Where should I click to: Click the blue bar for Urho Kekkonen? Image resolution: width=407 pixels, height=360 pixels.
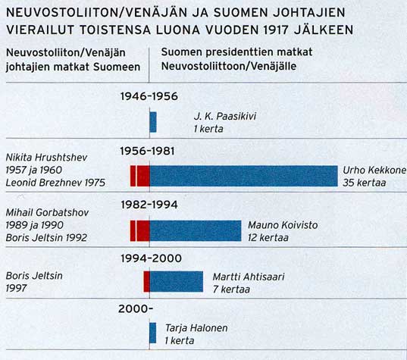click(244, 176)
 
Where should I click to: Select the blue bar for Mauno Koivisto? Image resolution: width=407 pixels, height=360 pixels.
click(196, 230)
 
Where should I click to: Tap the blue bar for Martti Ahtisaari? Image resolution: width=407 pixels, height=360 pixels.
click(177, 282)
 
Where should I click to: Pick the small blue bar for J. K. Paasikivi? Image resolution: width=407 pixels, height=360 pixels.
click(153, 122)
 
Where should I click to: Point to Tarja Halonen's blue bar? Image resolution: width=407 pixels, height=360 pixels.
click(153, 333)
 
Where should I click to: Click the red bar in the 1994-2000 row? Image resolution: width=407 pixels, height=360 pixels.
click(146, 282)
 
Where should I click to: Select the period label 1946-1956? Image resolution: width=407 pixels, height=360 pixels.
click(149, 96)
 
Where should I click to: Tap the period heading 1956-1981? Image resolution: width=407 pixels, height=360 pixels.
click(147, 151)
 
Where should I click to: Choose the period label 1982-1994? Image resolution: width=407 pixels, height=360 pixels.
click(149, 205)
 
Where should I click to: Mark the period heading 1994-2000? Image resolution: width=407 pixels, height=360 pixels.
click(151, 258)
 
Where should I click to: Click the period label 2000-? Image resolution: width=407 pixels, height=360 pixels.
click(136, 309)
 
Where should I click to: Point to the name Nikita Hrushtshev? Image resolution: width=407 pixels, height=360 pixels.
click(46, 158)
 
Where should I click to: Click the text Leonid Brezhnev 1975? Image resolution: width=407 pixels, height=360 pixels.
click(55, 183)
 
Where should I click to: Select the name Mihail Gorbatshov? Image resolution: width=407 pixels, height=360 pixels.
click(47, 212)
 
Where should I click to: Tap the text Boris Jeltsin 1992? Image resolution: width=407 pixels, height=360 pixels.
click(46, 237)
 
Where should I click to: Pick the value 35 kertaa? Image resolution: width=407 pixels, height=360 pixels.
click(364, 183)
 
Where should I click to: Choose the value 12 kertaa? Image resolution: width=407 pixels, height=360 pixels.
click(268, 237)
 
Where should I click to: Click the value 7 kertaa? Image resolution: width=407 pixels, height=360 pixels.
click(231, 289)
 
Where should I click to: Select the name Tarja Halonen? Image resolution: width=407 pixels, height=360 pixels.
click(196, 328)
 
